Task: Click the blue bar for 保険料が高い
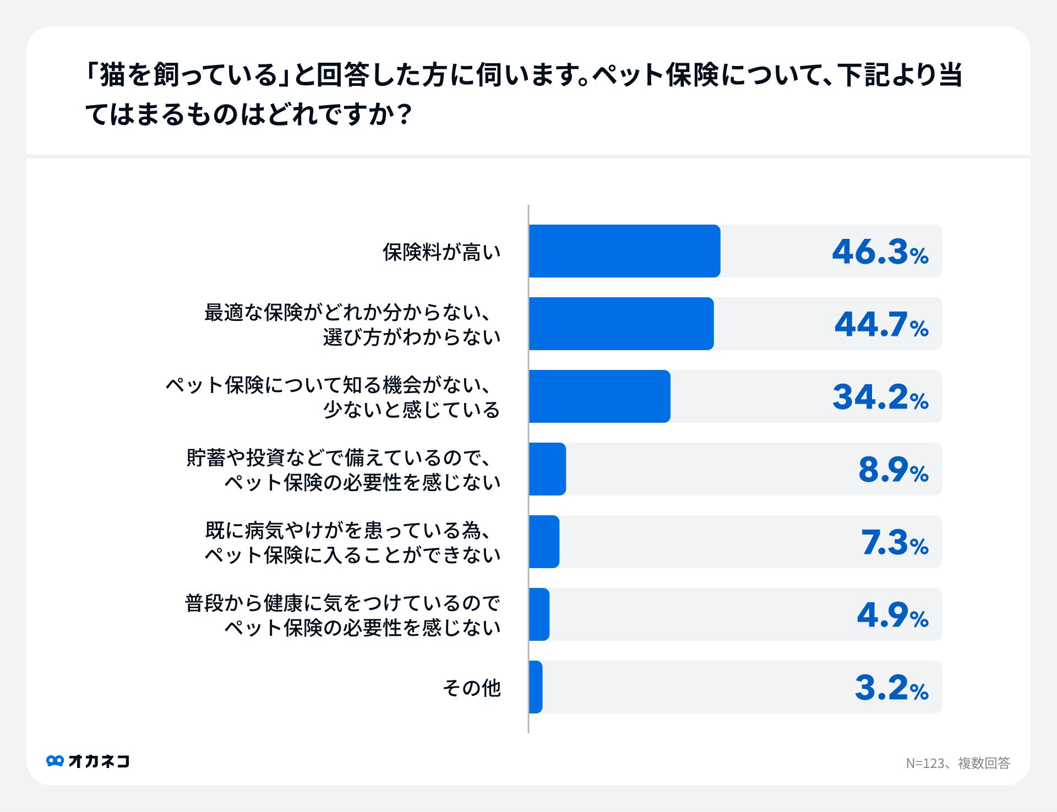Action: pos(624,251)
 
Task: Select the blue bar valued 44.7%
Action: pos(621,324)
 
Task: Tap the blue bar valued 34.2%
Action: pos(600,396)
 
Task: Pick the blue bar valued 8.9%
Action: pos(548,469)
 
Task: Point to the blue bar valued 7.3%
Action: pos(544,542)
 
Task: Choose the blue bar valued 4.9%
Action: pos(540,614)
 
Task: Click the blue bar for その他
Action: pos(536,687)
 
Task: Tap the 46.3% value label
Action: pos(880,252)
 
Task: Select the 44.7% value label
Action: pos(881,325)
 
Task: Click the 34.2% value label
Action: pos(880,397)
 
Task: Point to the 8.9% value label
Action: pos(893,470)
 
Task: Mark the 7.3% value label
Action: pos(894,543)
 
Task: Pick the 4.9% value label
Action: pos(892,615)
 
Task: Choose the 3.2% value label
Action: pos(891,688)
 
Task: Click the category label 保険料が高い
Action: pos(442,252)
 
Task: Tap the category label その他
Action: pos(472,688)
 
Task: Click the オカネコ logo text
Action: pos(99,761)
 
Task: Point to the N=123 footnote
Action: pos(958,763)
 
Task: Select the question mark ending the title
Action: pos(405,115)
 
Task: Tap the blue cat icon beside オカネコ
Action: pos(55,761)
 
